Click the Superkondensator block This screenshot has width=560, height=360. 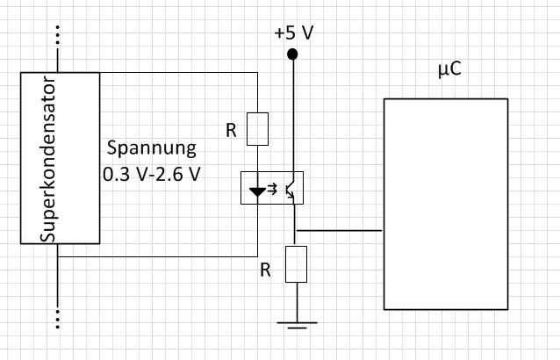(60, 158)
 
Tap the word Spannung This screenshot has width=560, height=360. (153, 147)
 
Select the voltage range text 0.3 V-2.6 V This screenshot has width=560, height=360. (152, 173)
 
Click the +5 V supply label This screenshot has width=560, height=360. (293, 32)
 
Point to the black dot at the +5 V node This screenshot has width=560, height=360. (293, 55)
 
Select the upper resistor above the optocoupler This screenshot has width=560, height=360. (256, 129)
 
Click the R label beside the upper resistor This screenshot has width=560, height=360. (231, 131)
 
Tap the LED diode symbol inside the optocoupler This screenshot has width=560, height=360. (256, 189)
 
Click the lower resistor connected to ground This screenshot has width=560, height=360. (298, 263)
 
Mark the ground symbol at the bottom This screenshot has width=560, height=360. (298, 327)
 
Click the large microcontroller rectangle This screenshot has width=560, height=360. (445, 204)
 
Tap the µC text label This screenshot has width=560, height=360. (449, 69)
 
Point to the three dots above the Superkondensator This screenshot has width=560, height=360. (58, 35)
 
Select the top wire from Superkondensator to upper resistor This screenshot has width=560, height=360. (176, 72)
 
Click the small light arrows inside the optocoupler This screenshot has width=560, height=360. (275, 187)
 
